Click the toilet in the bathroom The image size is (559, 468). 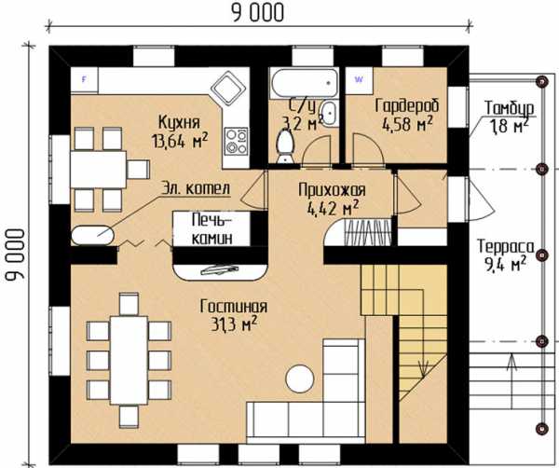click(285, 146)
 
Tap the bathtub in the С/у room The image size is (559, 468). click(304, 83)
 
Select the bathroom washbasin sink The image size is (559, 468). click(329, 113)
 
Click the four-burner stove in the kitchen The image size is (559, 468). click(237, 141)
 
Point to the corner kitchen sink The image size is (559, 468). click(228, 89)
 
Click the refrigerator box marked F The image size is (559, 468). click(84, 80)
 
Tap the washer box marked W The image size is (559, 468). click(359, 80)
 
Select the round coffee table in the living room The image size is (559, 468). click(300, 379)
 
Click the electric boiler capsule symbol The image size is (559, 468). click(92, 235)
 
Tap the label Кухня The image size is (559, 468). click(179, 122)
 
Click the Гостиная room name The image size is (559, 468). click(234, 307)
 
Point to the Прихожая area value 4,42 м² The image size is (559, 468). click(333, 208)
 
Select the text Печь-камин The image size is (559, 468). click(212, 229)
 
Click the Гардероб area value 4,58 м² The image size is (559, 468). click(407, 124)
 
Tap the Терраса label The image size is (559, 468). click(506, 247)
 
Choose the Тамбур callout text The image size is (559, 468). click(509, 107)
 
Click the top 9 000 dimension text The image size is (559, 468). click(258, 13)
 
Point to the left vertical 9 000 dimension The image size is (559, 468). click(15, 255)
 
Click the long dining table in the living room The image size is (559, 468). click(130, 360)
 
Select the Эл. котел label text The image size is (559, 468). click(196, 188)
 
